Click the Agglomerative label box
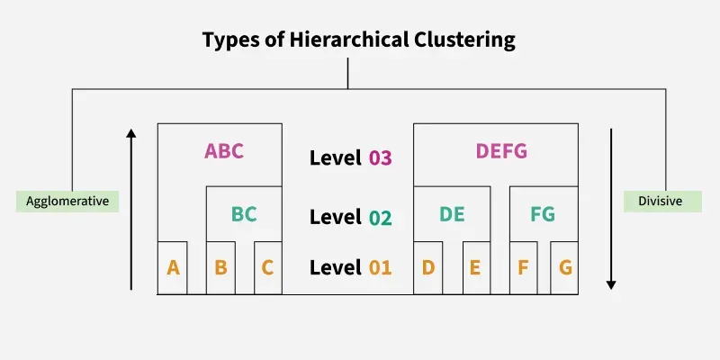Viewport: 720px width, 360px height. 67,201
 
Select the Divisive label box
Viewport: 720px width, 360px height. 663,201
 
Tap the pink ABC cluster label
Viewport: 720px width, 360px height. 224,151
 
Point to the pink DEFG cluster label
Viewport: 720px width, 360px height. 501,151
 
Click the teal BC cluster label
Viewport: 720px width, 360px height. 244,214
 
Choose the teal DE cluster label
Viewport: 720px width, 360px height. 452,214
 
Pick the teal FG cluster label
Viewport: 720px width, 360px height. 543,214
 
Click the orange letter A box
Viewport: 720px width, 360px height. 173,267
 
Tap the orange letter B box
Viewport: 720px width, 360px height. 220,267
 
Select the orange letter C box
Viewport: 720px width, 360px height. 268,267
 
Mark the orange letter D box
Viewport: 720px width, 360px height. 428,267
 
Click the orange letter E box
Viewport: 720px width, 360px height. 476,267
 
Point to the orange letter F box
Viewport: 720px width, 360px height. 524,267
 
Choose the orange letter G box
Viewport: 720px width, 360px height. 564,267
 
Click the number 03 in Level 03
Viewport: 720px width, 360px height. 380,158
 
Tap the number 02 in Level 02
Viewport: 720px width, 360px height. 380,218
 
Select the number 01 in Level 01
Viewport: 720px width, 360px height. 380,267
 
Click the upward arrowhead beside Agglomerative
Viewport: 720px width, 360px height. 131,134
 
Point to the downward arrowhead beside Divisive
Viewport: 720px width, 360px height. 611,283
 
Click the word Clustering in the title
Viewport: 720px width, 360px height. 463,40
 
